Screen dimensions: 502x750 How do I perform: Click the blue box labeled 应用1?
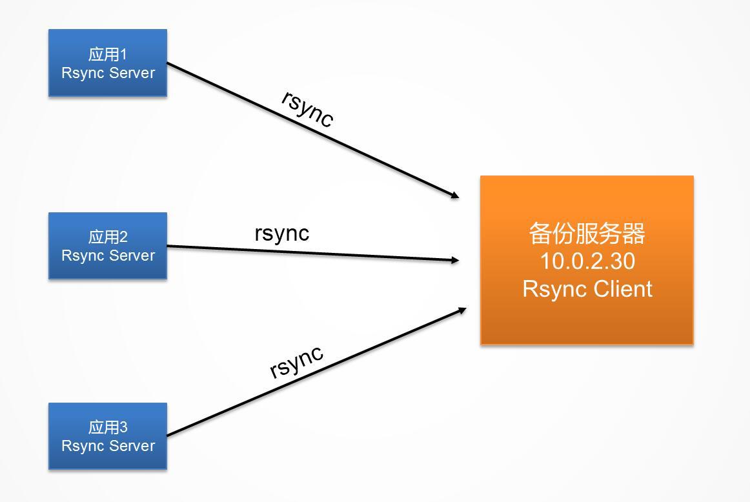(x=108, y=63)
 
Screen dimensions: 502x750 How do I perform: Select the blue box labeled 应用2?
(x=108, y=246)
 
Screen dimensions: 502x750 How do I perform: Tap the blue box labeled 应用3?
(x=108, y=436)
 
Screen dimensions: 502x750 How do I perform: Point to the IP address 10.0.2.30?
(x=587, y=261)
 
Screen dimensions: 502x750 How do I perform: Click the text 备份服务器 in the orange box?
(x=587, y=234)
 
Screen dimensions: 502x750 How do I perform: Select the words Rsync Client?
(x=587, y=288)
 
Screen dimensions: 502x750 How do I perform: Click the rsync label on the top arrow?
(x=308, y=108)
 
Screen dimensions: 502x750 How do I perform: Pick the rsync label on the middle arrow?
(x=282, y=232)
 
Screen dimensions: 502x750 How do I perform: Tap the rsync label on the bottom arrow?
(x=296, y=361)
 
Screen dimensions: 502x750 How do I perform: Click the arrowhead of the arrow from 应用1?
(x=454, y=195)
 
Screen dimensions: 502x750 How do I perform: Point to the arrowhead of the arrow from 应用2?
(x=455, y=261)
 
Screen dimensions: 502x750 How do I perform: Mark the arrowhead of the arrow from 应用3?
(x=461, y=310)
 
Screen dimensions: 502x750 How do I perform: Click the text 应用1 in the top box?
(x=108, y=54)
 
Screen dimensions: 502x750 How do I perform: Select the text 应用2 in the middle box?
(x=108, y=237)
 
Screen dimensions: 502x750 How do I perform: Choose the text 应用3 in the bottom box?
(x=108, y=427)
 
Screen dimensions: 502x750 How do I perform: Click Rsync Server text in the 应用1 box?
(x=108, y=73)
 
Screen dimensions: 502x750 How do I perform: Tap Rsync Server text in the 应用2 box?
(x=108, y=256)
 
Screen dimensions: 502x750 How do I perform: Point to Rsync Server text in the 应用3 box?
(x=108, y=446)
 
